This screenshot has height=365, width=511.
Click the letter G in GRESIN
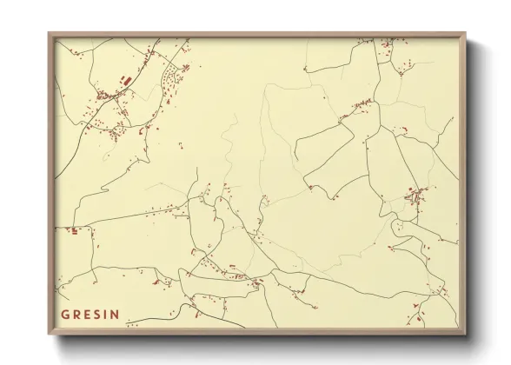(65, 314)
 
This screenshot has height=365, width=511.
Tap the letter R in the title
(77, 314)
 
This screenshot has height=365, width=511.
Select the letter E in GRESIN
(89, 314)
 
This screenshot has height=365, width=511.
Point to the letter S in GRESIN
(99, 314)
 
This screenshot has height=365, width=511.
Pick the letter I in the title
(108, 314)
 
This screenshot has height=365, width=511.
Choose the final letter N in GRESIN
(117, 314)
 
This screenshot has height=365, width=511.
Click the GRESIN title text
(91, 314)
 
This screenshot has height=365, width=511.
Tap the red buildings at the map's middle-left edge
(75, 230)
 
